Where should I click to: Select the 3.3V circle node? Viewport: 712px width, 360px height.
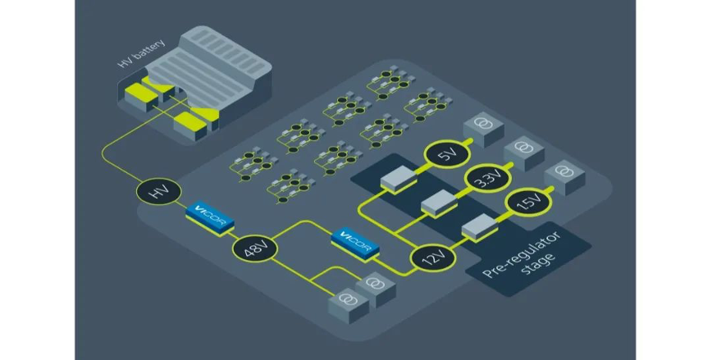pyautogui.click(x=486, y=180)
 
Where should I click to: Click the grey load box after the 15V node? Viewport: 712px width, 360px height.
pyautogui.click(x=563, y=173)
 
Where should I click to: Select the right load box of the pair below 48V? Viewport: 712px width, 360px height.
pyautogui.click(x=376, y=287)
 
